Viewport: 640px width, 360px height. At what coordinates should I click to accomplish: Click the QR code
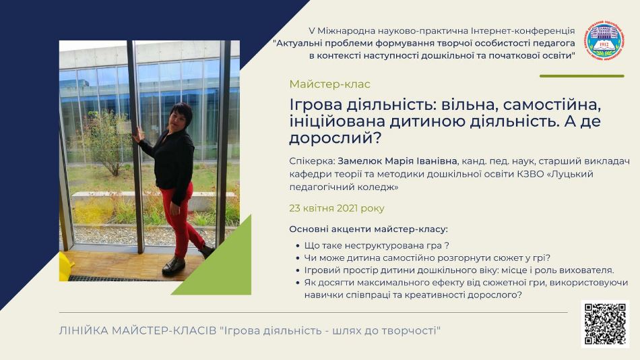click(606, 324)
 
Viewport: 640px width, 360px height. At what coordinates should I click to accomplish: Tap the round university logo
click(605, 40)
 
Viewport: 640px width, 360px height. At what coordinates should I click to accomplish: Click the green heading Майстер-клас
click(330, 84)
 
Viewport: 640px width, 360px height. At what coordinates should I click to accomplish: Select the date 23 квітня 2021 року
click(337, 208)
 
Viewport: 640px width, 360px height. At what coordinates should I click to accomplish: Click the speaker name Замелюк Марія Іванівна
click(398, 161)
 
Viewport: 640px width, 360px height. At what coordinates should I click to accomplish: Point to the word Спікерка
click(312, 161)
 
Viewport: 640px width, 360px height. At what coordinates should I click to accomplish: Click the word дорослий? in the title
click(335, 138)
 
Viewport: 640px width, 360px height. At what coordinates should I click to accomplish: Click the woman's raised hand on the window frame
click(139, 133)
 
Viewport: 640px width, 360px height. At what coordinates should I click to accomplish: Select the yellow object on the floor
click(66, 266)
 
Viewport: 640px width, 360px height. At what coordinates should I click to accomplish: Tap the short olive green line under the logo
click(581, 76)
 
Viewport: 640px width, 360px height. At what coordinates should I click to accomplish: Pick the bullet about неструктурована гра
click(377, 245)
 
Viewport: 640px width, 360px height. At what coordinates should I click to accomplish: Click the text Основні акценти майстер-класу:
click(369, 229)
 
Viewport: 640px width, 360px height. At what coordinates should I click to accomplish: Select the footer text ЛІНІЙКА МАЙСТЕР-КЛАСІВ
click(137, 330)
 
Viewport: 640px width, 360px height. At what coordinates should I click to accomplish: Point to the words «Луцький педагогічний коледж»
click(441, 181)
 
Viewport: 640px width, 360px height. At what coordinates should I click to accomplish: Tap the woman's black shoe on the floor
click(174, 266)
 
